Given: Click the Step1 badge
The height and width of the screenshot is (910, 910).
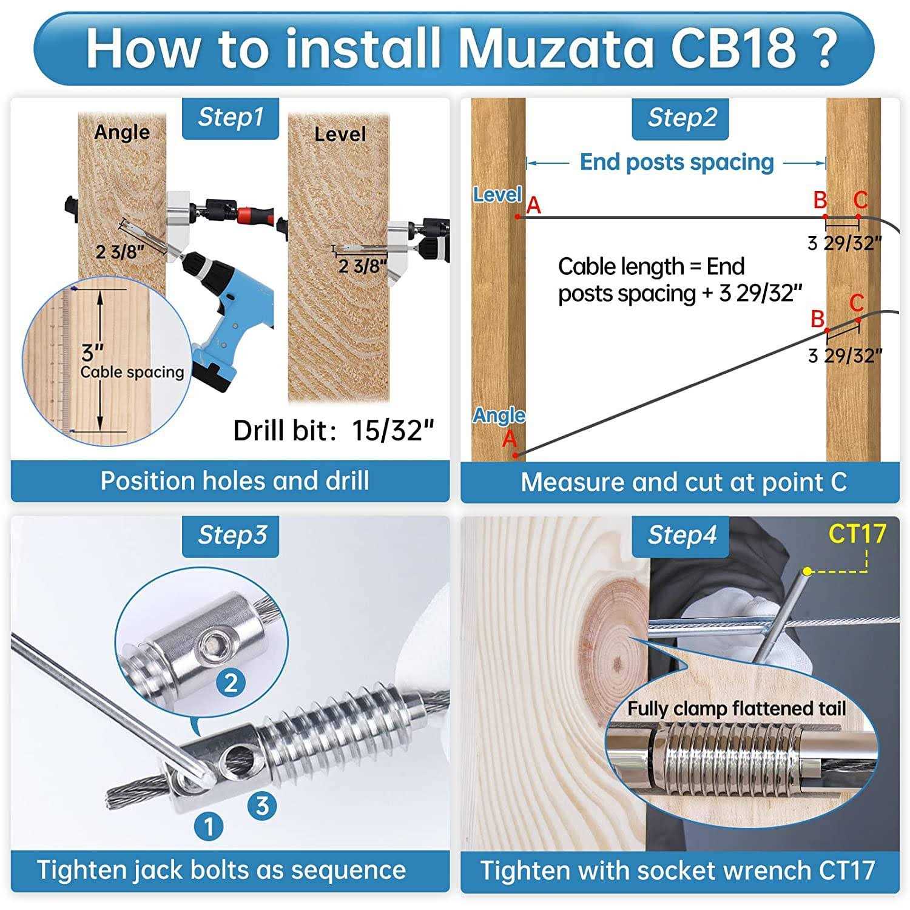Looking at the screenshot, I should click(231, 118).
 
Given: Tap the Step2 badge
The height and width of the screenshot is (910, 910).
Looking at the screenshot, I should click(681, 118).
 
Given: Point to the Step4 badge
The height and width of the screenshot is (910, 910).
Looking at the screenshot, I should click(681, 535).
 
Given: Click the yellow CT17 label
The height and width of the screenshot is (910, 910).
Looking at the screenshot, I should click(857, 534).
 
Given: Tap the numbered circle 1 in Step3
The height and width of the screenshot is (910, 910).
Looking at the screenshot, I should click(208, 826).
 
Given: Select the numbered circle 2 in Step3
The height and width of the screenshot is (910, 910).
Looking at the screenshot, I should click(231, 683).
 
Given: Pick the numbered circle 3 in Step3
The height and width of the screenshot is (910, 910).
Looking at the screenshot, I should click(261, 806).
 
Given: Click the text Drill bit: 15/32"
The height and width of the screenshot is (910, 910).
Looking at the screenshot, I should click(334, 431).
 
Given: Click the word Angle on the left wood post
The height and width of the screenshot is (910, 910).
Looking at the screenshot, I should click(122, 132).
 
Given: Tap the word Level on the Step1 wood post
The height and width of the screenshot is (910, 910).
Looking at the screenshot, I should click(340, 134).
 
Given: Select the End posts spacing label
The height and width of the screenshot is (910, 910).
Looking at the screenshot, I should click(676, 163).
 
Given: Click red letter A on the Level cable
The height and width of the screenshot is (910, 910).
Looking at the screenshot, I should click(533, 206).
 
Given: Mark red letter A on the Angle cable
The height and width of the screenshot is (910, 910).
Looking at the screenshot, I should click(509, 438).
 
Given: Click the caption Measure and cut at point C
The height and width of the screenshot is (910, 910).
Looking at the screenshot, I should click(684, 482).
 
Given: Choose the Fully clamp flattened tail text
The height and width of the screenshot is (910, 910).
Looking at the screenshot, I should click(736, 709).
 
